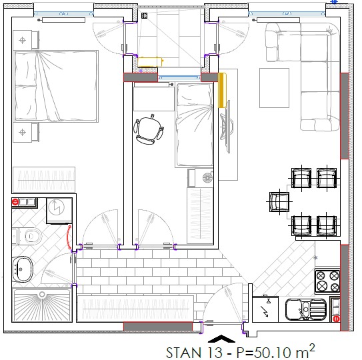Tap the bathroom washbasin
(x=22, y=269)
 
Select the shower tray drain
(x=42, y=294)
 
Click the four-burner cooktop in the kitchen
(x=327, y=281)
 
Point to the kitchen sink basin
(x=305, y=309)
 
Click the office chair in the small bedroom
(x=149, y=129)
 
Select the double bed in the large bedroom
(x=56, y=86)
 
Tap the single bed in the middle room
(x=195, y=125)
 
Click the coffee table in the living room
(x=274, y=88)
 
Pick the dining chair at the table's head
(x=279, y=202)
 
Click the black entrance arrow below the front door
(x=221, y=338)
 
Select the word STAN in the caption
(x=183, y=353)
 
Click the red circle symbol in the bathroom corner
(x=15, y=202)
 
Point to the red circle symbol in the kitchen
(x=337, y=319)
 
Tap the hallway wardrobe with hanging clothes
(x=135, y=309)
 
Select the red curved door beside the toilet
(x=69, y=237)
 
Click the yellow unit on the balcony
(x=151, y=62)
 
